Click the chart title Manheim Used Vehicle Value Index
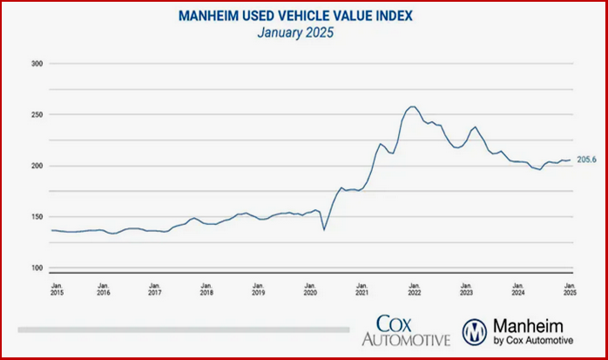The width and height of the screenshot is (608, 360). coord(303,16)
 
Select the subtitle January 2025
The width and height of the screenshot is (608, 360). coord(303,33)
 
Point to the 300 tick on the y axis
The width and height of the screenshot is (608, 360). coord(37,64)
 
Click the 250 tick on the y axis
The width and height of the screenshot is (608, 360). coord(37,114)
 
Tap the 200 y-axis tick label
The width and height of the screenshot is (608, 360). coord(37,166)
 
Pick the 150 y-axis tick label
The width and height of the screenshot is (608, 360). coord(37,217)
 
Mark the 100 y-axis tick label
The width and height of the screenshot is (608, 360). coord(37,268)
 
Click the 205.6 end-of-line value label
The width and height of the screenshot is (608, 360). coord(587,160)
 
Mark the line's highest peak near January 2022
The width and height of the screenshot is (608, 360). coord(412,106)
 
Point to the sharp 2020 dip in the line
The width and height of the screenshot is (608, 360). coord(324,229)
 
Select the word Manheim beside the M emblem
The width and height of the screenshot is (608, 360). coord(526,322)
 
